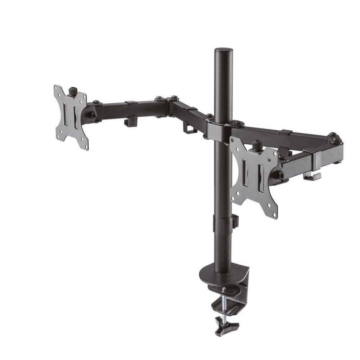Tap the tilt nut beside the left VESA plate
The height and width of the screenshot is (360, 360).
[91, 115]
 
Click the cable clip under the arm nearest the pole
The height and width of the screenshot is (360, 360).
[189, 128]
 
